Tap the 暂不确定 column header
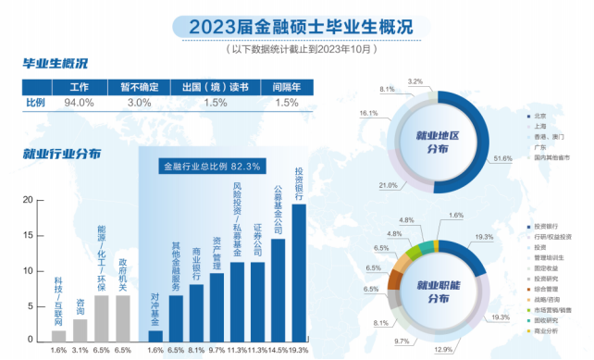139,88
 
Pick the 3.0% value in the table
139,103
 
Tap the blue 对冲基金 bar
155,336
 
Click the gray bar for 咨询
80,330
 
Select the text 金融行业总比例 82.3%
212,167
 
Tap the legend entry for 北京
539,118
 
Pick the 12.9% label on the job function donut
444,349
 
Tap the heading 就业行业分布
62,154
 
